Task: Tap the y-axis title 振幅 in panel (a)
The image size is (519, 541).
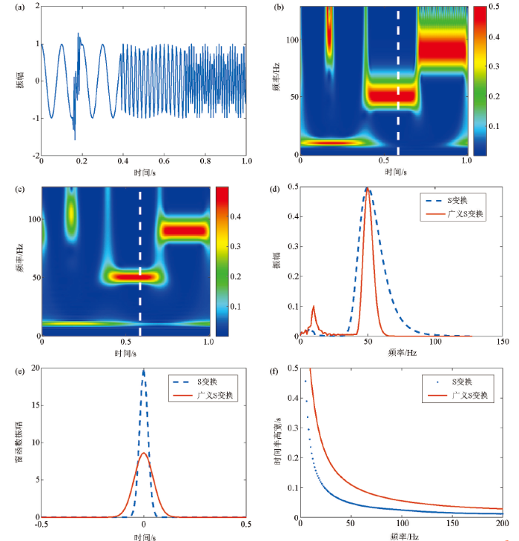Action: pyautogui.click(x=17, y=81)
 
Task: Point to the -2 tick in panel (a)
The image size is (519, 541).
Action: pyautogui.click(x=33, y=155)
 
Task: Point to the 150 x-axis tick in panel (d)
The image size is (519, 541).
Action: pyautogui.click(x=502, y=342)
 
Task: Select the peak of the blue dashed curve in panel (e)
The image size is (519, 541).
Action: pyautogui.click(x=144, y=371)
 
